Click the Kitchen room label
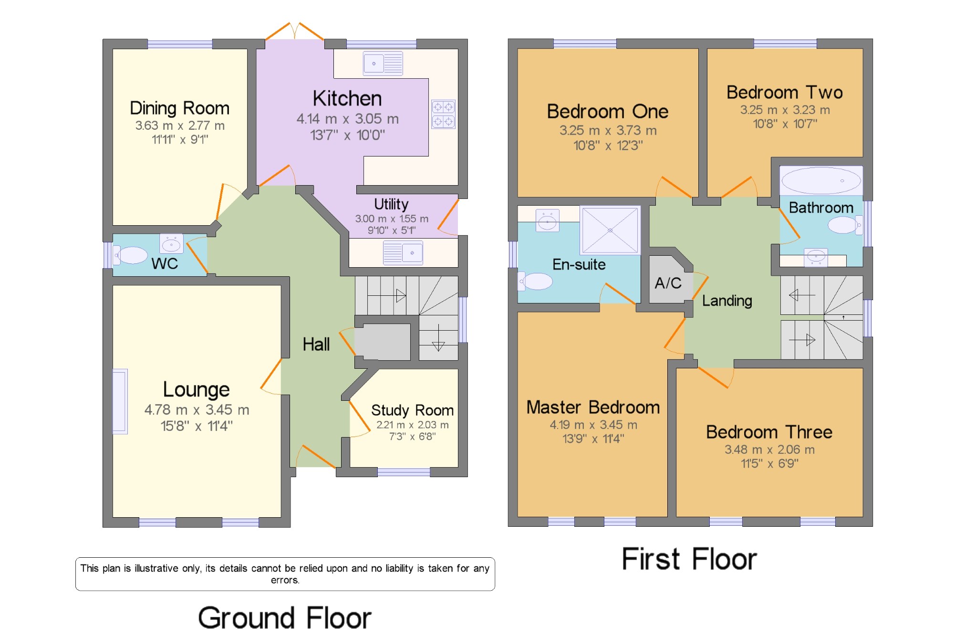coord(347,99)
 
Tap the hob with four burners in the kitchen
coord(443,114)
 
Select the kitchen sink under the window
coord(383,63)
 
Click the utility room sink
coord(403,252)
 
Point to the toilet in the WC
coord(130,255)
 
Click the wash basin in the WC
coord(171,244)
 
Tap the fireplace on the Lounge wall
coord(120,401)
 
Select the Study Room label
coord(413,410)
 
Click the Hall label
coord(316,344)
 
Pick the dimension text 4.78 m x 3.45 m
coord(197,410)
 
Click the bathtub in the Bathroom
coord(821,181)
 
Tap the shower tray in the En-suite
coord(610,230)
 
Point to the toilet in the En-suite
coord(536,282)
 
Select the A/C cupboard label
coord(668,283)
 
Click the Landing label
coord(727,301)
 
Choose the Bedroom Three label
coord(769,432)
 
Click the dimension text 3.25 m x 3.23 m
coord(785,110)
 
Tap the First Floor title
coord(690,559)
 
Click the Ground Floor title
coord(285,618)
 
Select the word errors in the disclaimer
coord(285,581)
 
